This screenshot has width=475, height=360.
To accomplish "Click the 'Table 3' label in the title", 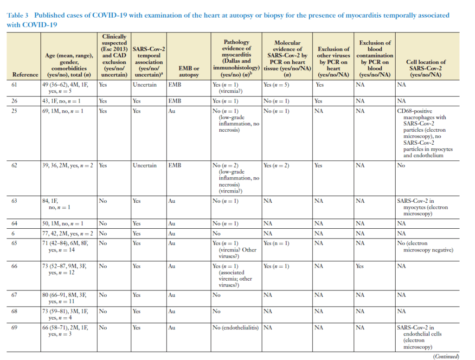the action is click(x=18, y=15).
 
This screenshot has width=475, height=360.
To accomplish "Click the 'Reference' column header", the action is click(x=26, y=75).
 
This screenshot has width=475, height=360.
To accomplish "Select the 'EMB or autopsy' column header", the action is click(x=189, y=71).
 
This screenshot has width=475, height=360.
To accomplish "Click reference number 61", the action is click(x=14, y=84).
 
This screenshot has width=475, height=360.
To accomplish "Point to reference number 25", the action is click(x=14, y=111).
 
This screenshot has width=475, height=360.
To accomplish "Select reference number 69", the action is click(x=14, y=328).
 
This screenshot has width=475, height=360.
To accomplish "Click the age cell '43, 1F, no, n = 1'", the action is click(x=62, y=101).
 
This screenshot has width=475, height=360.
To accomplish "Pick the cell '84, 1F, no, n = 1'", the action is click(x=56, y=204).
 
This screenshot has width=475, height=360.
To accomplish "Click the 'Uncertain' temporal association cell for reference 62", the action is click(x=145, y=166).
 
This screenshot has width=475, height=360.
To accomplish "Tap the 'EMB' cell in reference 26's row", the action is click(x=175, y=101).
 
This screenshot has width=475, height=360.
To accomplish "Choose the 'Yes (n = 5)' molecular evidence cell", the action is click(x=276, y=85).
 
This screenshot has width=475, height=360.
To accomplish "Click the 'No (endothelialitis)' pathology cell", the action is click(x=236, y=328).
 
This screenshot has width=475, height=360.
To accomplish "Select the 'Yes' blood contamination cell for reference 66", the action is click(x=359, y=266).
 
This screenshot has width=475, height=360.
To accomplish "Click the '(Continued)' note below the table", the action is click(x=446, y=356).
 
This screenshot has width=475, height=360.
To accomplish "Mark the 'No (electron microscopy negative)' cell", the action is click(x=425, y=246).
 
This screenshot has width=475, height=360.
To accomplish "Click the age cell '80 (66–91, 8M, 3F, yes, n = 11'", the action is click(x=64, y=298).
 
